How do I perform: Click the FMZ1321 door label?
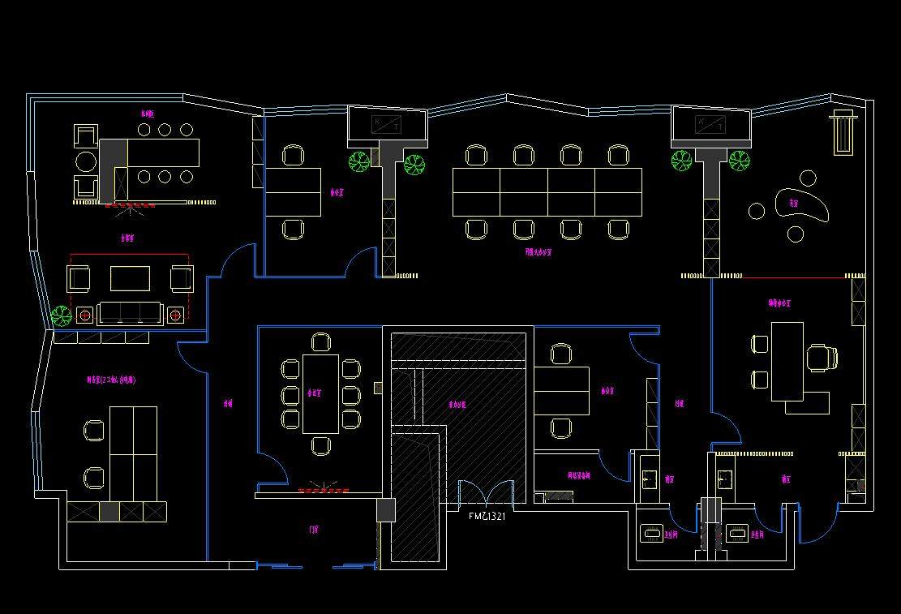(487, 515)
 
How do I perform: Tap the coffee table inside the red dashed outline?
(130, 278)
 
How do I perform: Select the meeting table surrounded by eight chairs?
(320, 393)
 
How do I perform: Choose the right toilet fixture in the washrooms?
(737, 533)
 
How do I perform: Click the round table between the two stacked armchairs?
(85, 162)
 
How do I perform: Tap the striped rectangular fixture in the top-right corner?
(844, 132)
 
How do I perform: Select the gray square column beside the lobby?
(385, 510)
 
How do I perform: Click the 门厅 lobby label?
(314, 530)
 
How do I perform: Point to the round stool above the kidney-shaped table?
(808, 178)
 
